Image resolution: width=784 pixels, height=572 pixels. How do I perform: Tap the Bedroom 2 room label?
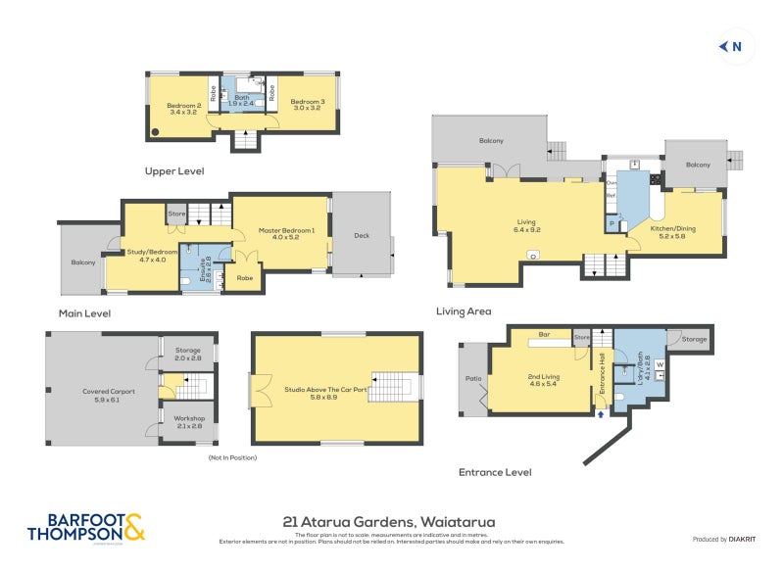[x=184, y=108]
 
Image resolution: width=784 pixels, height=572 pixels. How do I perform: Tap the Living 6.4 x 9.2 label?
[x=527, y=225]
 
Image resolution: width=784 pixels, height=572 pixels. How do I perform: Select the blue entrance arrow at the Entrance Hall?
[x=601, y=415]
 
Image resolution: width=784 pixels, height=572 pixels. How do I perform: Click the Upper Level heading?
[x=173, y=170]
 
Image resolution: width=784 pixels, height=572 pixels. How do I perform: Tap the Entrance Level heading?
[x=495, y=472]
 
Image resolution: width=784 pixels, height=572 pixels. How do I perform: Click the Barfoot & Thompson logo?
[x=86, y=527]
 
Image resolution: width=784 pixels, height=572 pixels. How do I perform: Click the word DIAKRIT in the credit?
[x=742, y=540]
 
